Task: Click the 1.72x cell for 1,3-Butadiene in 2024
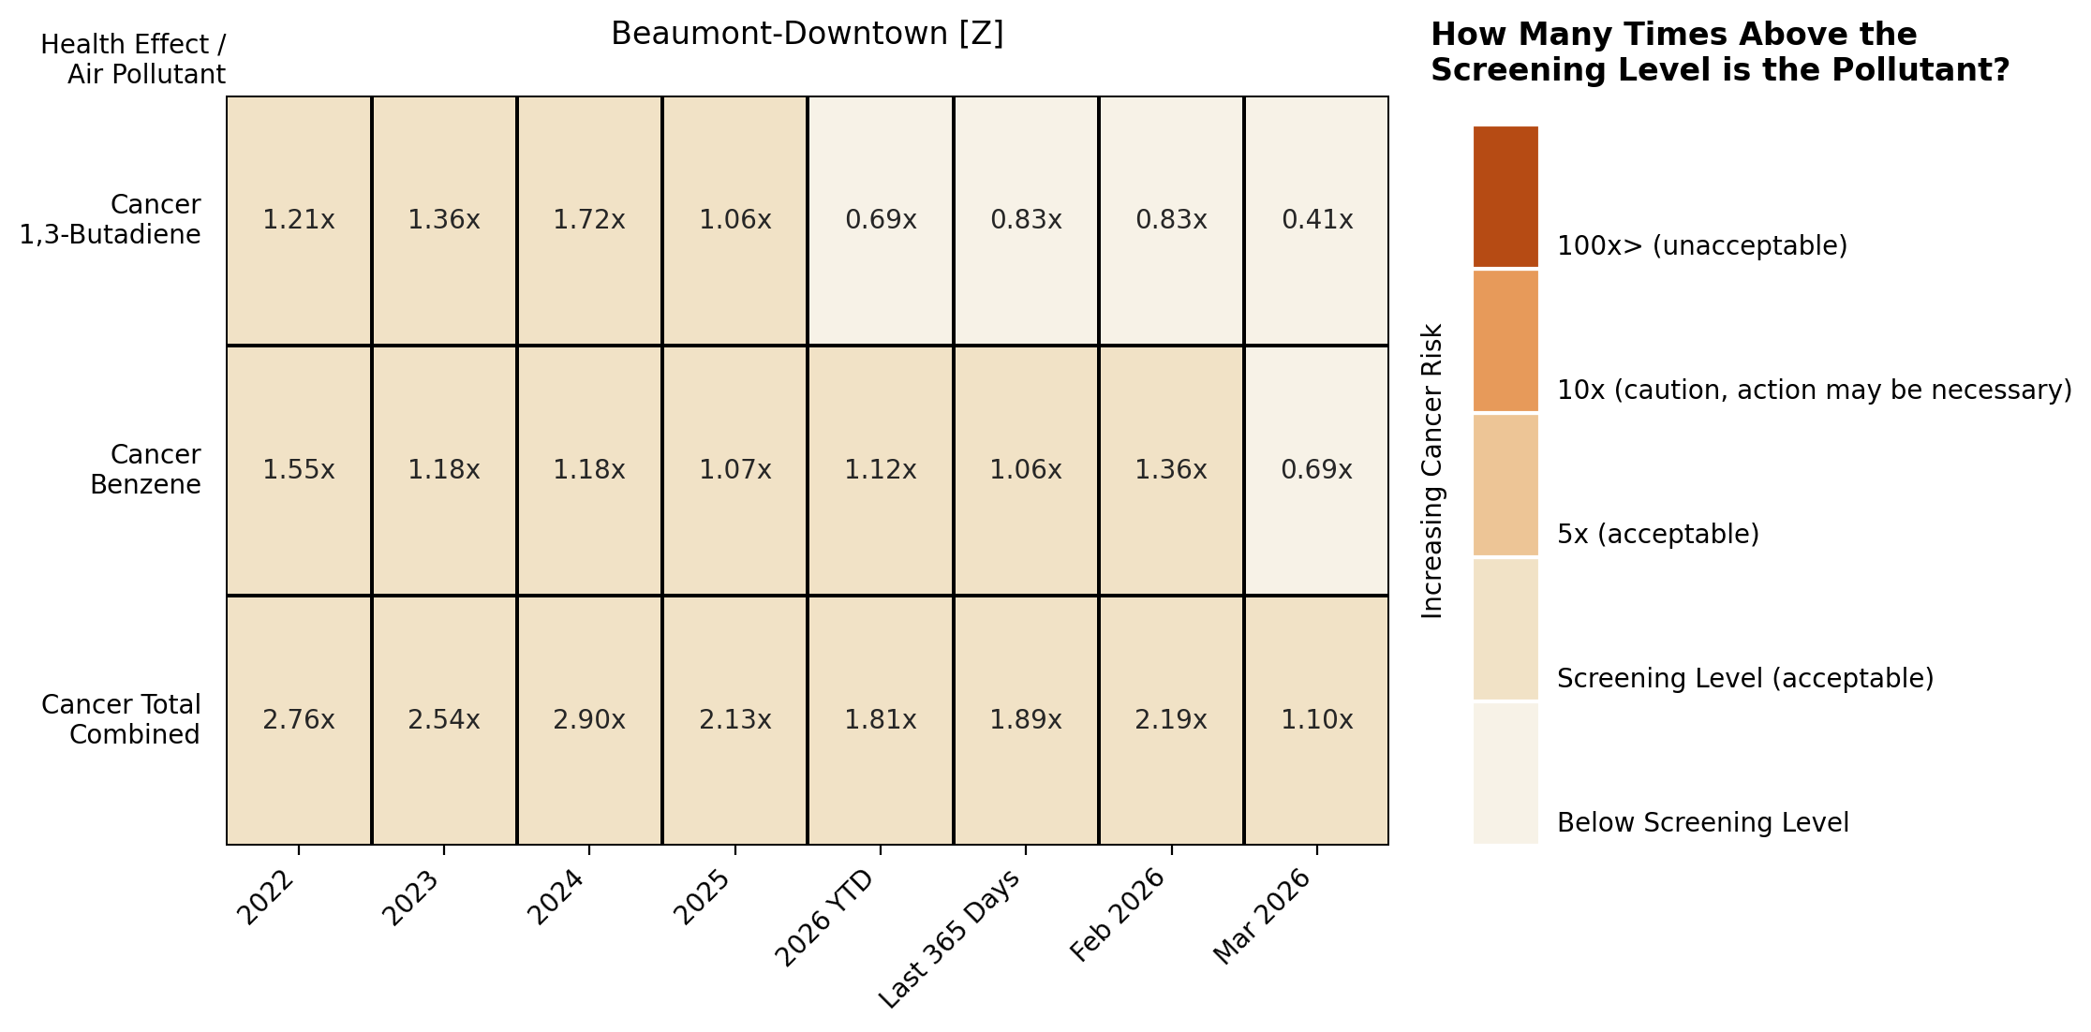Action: coord(589,220)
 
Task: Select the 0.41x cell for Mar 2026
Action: coord(1317,220)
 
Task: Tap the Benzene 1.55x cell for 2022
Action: coord(299,470)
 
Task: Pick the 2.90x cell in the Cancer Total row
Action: coord(589,720)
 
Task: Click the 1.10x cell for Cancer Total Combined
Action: coord(1317,720)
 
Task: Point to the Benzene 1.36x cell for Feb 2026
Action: coord(1171,470)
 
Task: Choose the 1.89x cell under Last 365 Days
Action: coord(1026,720)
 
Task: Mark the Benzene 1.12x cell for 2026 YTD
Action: coord(881,470)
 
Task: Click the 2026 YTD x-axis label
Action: coord(825,917)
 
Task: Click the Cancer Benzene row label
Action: coord(146,470)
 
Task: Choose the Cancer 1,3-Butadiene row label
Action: coord(111,220)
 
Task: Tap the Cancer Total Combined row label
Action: coord(121,720)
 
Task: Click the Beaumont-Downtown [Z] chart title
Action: coord(808,34)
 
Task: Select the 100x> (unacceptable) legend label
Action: coord(1702,246)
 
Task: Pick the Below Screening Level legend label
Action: coord(1703,823)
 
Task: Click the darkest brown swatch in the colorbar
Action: coord(1505,197)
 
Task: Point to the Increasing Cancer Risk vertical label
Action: coord(1432,471)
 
